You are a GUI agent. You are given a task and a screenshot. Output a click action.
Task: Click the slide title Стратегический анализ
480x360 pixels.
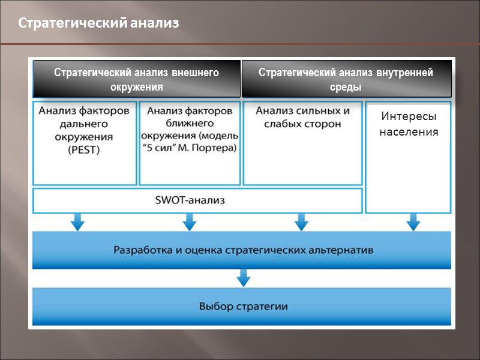click(x=98, y=24)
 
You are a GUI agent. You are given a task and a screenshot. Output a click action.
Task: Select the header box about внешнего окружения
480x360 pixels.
click(x=137, y=79)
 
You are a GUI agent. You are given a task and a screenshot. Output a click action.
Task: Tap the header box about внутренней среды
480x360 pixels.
click(x=346, y=79)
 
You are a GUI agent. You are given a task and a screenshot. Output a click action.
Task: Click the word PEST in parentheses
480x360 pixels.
click(x=85, y=151)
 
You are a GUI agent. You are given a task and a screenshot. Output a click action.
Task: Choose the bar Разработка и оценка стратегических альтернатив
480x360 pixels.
click(x=242, y=249)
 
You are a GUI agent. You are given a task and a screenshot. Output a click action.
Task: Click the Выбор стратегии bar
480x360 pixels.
click(x=242, y=307)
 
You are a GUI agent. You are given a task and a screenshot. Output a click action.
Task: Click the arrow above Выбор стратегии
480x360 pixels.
click(x=242, y=278)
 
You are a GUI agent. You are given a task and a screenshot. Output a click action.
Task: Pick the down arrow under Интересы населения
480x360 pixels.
click(x=413, y=223)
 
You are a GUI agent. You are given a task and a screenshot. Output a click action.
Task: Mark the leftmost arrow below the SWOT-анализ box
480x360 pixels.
click(x=77, y=223)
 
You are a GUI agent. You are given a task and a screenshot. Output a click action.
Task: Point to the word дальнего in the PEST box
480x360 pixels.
click(x=84, y=124)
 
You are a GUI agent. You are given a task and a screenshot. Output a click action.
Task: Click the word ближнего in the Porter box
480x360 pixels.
click(x=190, y=124)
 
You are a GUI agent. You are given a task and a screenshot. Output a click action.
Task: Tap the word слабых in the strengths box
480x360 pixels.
click(x=283, y=124)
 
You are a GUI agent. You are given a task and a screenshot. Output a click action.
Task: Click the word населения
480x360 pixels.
click(x=409, y=131)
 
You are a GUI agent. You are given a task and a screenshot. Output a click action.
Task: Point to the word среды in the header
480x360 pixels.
click(x=346, y=86)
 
